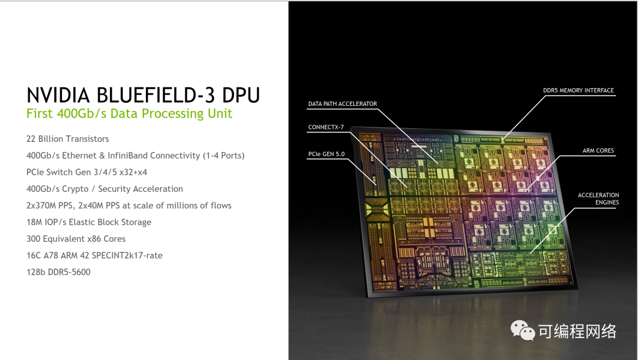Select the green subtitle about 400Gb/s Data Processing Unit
129,113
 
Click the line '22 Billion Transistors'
68,139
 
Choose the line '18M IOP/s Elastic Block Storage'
89,222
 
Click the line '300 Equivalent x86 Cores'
76,239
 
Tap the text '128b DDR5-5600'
58,272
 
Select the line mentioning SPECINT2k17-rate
95,255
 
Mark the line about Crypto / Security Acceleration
105,189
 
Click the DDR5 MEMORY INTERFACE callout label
578,90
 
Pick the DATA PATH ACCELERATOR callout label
343,104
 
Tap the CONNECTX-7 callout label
325,127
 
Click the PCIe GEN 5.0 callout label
326,154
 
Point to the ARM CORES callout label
598,151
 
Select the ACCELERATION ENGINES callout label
598,199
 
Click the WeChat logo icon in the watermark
523,332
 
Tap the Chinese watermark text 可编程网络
577,332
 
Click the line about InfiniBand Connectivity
135,155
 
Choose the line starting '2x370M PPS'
129,206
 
